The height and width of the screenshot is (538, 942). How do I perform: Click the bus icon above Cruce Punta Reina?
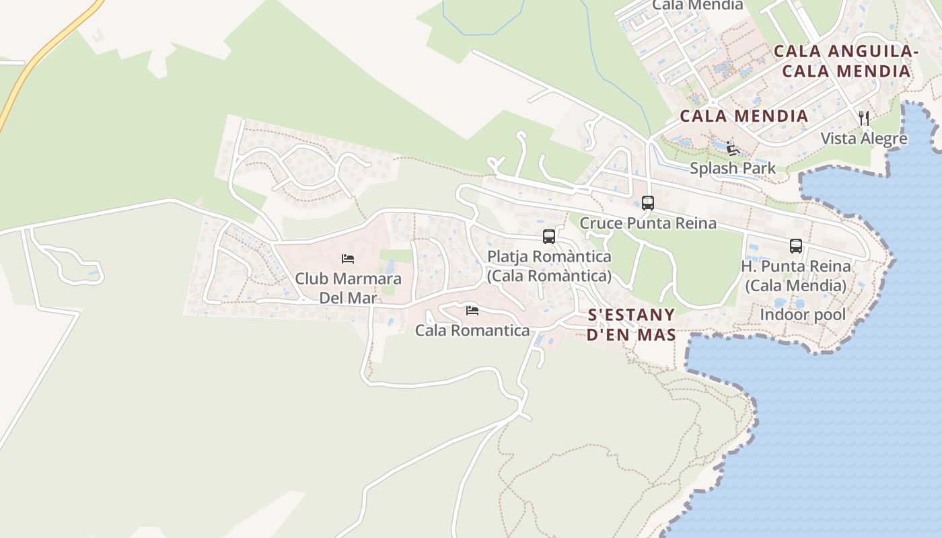[648, 202]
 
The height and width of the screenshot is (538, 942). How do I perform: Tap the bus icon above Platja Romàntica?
[549, 237]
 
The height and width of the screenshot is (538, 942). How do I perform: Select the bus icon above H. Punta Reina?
[796, 246]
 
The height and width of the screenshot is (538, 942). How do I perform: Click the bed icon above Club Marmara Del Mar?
[348, 258]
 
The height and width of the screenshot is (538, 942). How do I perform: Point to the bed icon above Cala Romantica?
[472, 310]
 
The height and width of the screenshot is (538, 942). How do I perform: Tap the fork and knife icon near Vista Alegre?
[864, 118]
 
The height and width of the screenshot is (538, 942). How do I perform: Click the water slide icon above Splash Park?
[733, 149]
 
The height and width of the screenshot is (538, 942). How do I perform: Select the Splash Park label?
[733, 168]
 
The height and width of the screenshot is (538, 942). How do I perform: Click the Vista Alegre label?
[864, 139]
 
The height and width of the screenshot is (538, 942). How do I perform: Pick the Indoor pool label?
[803, 314]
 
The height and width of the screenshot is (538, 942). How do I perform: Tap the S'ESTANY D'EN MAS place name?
[631, 325]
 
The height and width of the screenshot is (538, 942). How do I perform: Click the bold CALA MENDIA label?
[744, 116]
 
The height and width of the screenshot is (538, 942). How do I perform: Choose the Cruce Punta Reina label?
[648, 223]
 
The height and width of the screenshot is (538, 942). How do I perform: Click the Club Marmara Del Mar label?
[348, 288]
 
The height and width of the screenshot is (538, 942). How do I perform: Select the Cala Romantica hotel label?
[472, 330]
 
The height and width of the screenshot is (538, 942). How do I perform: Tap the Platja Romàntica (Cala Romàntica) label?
[549, 266]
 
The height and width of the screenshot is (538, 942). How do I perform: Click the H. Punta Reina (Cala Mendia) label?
[796, 276]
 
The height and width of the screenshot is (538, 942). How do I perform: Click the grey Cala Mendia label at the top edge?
[698, 5]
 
